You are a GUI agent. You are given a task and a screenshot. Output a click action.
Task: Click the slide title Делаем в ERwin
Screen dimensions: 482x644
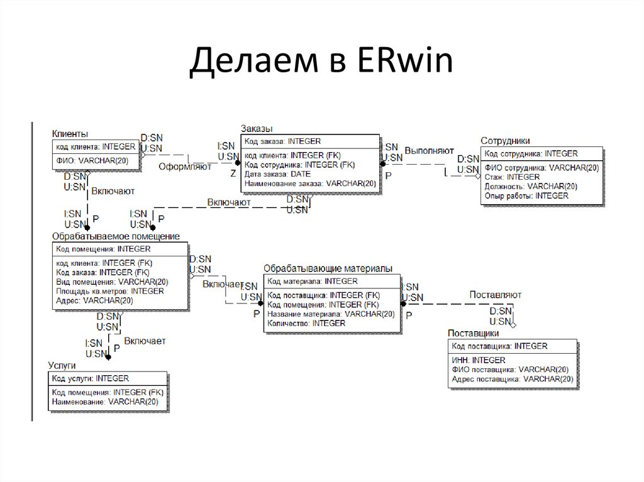[321, 63]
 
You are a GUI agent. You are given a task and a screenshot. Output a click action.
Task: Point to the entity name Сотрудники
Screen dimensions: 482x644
[505, 141]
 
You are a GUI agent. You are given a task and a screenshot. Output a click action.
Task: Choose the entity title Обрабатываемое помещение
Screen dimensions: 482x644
[116, 236]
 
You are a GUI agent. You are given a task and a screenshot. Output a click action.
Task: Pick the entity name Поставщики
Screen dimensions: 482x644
[473, 333]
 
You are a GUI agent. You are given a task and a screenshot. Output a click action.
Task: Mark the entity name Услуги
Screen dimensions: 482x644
[62, 364]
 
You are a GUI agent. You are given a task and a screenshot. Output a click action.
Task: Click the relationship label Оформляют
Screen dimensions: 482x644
[185, 167]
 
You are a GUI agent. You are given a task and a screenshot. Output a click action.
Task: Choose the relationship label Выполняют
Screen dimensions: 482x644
[429, 151]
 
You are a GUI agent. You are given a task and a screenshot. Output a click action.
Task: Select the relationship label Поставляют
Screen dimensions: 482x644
[495, 295]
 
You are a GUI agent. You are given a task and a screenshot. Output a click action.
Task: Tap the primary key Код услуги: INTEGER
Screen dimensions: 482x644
[90, 378]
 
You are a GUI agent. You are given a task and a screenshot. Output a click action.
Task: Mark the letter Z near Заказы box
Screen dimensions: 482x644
[233, 173]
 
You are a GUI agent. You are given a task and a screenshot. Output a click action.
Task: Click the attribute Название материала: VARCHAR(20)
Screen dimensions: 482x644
[330, 314]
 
